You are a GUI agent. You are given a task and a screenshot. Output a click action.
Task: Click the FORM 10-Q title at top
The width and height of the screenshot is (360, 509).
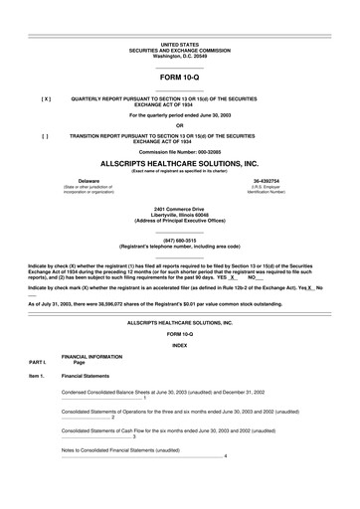click(x=180, y=79)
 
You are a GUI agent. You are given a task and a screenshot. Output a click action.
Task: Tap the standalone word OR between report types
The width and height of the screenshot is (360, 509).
click(x=180, y=124)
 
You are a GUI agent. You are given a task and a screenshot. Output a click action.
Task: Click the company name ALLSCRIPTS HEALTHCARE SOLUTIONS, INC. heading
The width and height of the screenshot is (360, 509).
click(x=180, y=162)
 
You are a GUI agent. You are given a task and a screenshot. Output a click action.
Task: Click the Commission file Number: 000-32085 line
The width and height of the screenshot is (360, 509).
click(x=180, y=150)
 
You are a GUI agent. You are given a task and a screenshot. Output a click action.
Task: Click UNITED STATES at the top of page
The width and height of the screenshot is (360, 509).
click(x=180, y=46)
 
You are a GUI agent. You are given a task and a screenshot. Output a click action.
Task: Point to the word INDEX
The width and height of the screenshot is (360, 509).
click(x=180, y=317)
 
